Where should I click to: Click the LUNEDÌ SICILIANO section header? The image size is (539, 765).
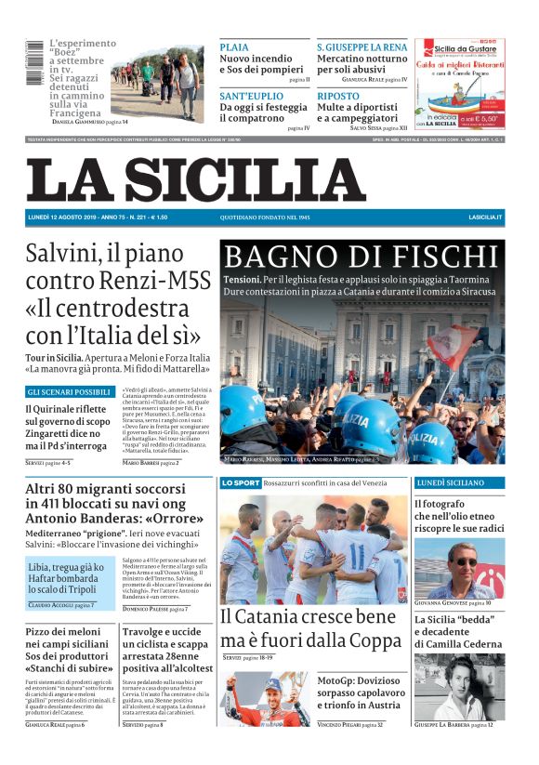coord(459,483)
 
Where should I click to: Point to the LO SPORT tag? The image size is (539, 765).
coord(241,483)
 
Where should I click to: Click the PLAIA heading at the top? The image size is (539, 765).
coord(234,46)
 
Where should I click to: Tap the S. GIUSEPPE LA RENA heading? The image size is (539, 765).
coord(362,46)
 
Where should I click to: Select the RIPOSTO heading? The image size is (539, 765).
coord(337,96)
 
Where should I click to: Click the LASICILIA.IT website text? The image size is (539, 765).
coord(485,218)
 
